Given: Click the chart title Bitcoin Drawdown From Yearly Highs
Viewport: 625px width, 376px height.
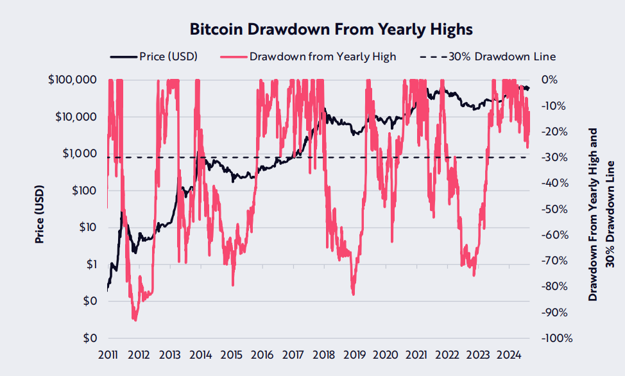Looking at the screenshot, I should click(x=331, y=30).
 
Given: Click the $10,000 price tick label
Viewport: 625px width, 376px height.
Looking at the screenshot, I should click(x=74, y=117).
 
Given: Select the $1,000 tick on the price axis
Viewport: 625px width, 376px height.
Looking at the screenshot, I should click(x=78, y=154).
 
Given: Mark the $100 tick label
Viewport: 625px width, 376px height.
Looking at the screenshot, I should click(x=83, y=191).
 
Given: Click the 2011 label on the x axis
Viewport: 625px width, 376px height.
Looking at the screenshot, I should click(x=108, y=354).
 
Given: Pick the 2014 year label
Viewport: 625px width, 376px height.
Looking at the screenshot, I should click(x=201, y=354).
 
